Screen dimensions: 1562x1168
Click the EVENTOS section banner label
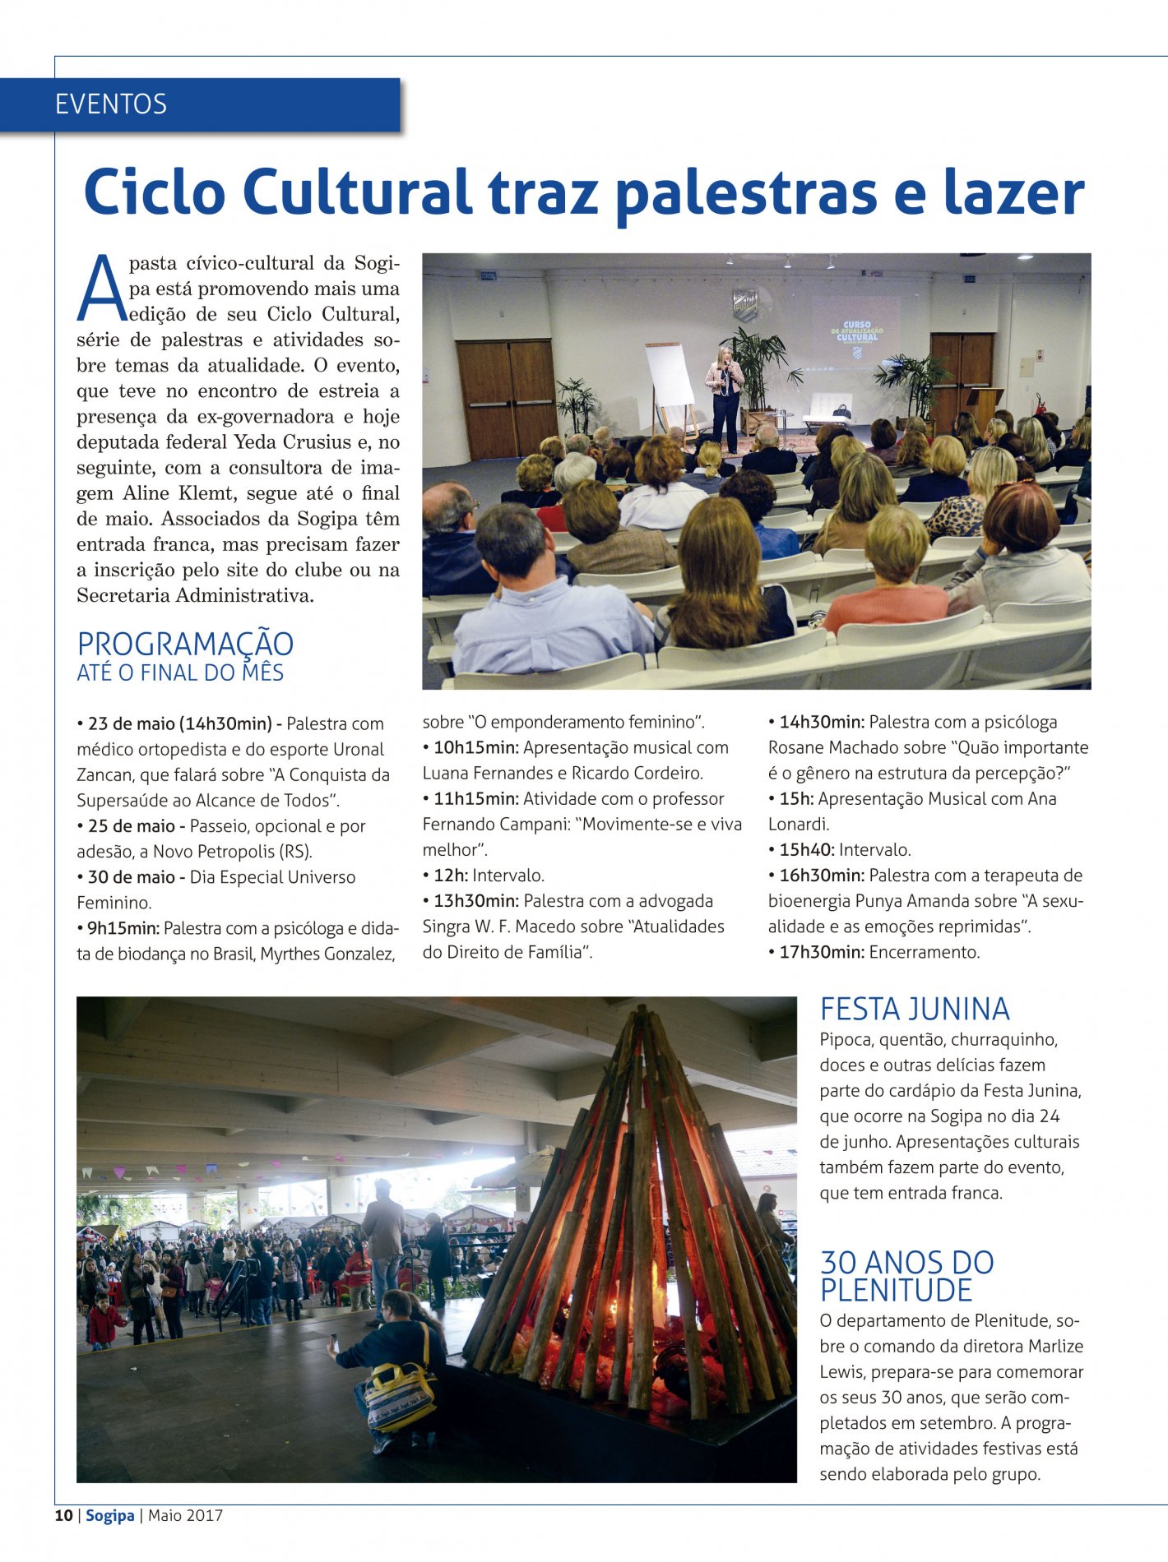111,104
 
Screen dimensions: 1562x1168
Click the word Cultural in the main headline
356,193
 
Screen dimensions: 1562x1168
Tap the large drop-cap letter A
104,289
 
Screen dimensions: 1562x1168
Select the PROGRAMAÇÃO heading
185,644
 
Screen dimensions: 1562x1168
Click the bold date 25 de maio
132,826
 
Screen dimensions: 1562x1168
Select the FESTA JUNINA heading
915,1010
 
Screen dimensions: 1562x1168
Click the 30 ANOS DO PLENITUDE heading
906,1277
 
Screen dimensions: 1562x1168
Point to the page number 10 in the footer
63,1516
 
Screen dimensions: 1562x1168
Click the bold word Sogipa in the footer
109,1516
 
